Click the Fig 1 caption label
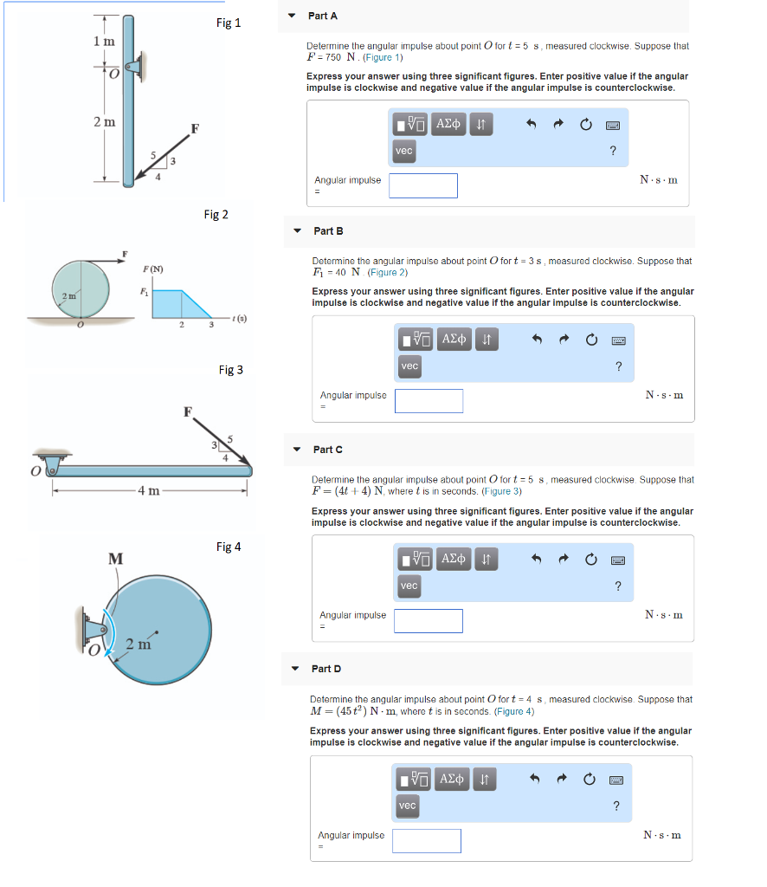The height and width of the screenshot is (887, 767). (228, 23)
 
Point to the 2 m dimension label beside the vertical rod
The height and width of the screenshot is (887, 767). (104, 122)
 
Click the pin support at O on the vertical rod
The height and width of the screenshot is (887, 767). (136, 66)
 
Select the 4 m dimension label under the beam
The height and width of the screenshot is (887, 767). (149, 491)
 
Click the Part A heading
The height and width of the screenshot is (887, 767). (322, 16)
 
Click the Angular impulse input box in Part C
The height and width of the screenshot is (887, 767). (429, 620)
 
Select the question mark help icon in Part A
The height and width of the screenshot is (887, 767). (612, 152)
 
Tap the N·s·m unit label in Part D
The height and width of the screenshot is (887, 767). (661, 835)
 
